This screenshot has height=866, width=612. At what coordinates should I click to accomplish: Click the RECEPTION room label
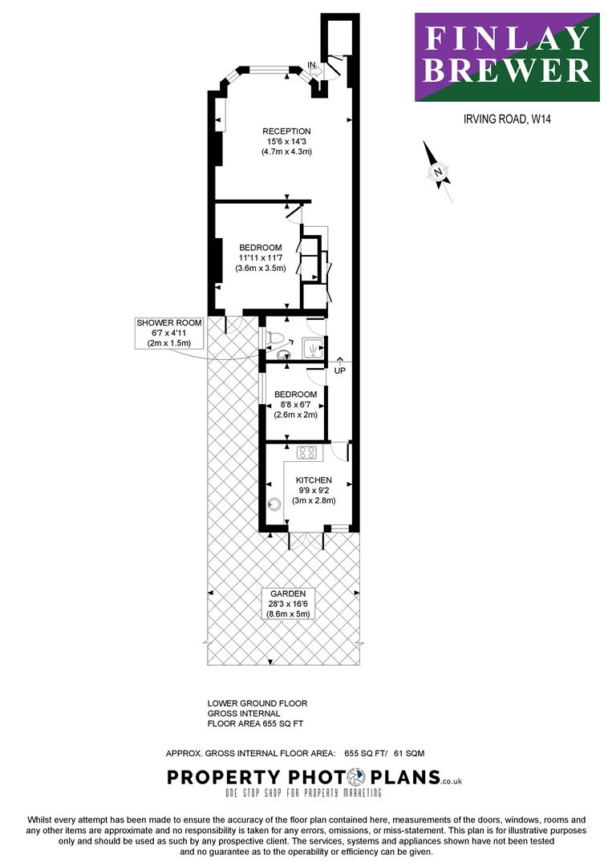click(x=286, y=132)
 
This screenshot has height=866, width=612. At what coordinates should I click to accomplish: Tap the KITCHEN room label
click(x=314, y=480)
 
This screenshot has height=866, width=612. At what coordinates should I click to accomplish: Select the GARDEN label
click(x=288, y=593)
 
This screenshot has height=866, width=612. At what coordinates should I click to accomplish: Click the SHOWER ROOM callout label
click(x=169, y=323)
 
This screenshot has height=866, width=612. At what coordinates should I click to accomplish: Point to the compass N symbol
click(x=438, y=172)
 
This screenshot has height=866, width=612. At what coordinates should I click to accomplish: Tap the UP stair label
click(x=340, y=370)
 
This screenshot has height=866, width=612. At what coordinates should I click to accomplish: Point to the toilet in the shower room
click(x=275, y=338)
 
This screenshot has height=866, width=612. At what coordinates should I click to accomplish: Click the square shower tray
click(x=313, y=348)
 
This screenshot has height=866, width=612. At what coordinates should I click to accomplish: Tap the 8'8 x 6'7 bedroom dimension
click(x=295, y=404)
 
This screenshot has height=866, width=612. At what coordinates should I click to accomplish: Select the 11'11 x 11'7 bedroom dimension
click(x=260, y=258)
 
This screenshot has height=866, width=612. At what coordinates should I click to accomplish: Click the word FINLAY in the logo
click(x=506, y=38)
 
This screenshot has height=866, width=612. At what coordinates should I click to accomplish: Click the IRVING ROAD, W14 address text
click(x=507, y=119)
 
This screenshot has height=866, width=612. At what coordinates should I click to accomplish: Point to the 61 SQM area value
click(x=409, y=753)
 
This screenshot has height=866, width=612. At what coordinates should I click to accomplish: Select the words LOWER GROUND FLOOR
click(x=257, y=704)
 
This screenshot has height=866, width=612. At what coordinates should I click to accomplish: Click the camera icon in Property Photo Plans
click(x=356, y=778)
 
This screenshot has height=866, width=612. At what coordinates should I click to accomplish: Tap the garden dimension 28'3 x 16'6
click(x=288, y=604)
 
